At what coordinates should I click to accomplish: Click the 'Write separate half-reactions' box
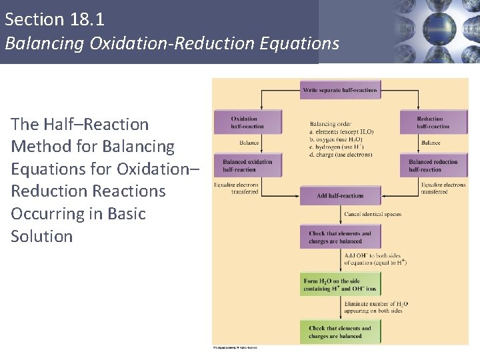340,90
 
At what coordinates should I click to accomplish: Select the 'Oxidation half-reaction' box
247,122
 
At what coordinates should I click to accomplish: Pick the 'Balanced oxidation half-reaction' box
247,165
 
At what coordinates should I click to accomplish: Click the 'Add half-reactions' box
340,196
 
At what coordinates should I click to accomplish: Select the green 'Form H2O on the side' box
340,285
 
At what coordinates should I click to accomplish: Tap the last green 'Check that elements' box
340,332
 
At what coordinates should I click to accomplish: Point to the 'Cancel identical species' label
373,215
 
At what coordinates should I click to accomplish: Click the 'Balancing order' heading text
331,123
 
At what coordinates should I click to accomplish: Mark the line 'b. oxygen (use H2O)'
340,139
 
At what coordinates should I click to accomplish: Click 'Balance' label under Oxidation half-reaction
249,143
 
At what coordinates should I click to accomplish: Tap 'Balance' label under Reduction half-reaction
431,143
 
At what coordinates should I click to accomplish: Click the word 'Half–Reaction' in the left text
97,124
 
